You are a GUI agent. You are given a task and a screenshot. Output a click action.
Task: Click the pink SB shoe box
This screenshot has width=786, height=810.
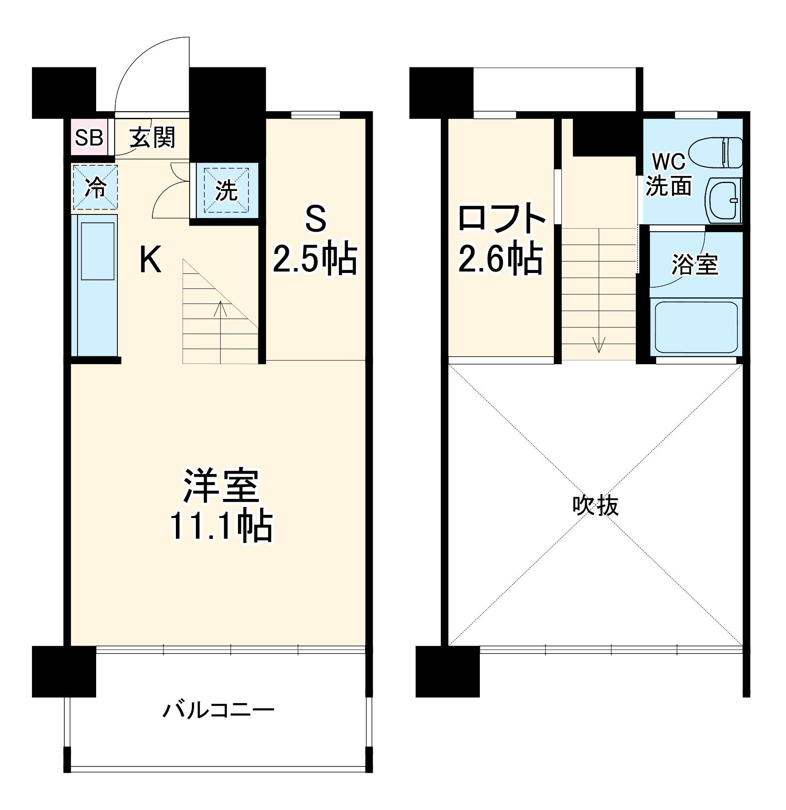[x=89, y=137]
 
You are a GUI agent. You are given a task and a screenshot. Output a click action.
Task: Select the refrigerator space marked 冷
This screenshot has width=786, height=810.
[x=95, y=187]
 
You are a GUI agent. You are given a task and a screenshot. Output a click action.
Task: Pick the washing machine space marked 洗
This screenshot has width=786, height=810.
[x=226, y=191]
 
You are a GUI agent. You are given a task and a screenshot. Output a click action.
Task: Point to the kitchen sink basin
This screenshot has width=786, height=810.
[x=97, y=251]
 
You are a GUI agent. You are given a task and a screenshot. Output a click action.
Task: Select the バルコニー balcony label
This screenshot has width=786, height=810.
[x=219, y=710]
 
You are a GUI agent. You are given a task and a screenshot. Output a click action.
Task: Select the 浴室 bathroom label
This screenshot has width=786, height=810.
[x=695, y=265]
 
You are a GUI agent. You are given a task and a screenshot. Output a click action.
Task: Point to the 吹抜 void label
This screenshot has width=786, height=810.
[x=595, y=506]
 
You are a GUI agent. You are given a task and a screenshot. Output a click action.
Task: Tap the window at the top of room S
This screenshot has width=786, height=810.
[x=315, y=115]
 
